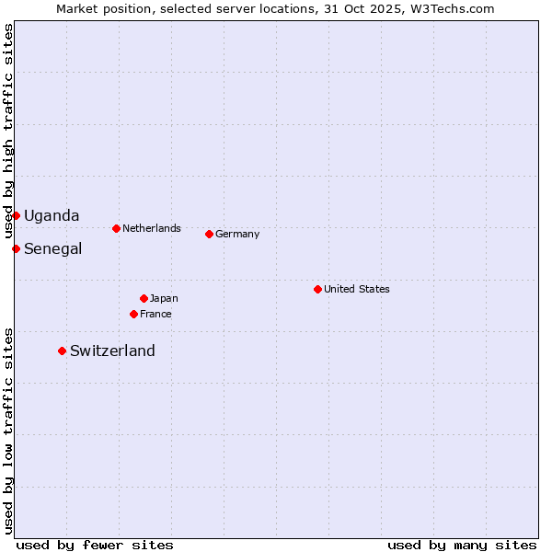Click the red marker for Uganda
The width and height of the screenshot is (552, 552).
point(16,215)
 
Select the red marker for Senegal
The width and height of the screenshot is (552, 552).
point(16,248)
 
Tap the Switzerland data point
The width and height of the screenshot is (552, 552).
point(62,351)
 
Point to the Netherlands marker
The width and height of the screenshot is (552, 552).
point(116,228)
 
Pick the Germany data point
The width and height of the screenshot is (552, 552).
point(209,234)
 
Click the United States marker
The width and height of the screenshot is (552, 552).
point(317,289)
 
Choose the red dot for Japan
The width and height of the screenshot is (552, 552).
point(144,298)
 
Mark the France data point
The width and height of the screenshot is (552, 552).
point(133,314)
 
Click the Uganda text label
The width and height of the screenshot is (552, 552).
point(52,216)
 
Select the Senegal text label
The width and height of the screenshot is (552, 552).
point(52,249)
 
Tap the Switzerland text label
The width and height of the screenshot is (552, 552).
point(112,351)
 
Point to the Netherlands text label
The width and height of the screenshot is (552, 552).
point(152,228)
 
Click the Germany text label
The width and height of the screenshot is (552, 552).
point(237,234)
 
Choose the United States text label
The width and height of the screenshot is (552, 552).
point(357,289)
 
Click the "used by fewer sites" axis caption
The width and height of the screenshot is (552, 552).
point(95,545)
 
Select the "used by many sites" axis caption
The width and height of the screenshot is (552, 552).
point(462,545)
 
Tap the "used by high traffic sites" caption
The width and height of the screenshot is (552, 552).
point(9,132)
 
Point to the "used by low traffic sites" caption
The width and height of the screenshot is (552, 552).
point(9,431)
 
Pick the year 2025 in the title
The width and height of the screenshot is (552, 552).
point(378,8)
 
